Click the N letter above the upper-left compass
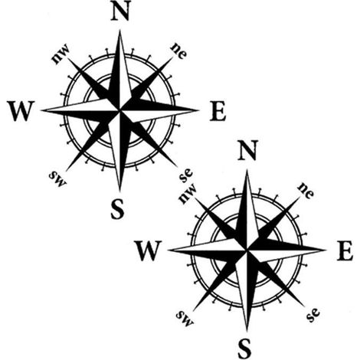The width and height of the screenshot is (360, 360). tap(120, 12)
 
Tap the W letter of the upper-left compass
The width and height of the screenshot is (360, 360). tap(21, 111)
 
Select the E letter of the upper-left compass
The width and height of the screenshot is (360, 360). tap(218, 111)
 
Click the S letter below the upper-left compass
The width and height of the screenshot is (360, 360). tap(117, 209)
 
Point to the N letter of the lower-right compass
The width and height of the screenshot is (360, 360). tap(247, 151)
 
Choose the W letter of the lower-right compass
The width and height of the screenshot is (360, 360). tap(149, 250)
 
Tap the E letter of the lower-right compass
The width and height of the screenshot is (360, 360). tap(345, 251)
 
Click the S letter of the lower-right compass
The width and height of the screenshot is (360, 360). tap(244, 349)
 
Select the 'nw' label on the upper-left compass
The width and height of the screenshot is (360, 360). tap(61, 54)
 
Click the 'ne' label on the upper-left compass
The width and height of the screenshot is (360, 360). tap(179, 51)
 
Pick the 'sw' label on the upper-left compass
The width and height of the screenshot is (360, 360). tap(57, 178)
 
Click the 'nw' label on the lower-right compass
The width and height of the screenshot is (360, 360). tap(188, 193)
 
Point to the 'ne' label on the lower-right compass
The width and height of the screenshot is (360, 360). tap(306, 190)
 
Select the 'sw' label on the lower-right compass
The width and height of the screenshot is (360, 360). tap(185, 318)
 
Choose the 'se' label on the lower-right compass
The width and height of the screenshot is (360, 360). tap(313, 315)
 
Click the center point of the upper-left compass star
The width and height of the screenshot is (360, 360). tap(119, 110)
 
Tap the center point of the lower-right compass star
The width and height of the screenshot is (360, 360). tap(247, 250)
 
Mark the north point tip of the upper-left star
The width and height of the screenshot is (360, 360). tap(119, 30)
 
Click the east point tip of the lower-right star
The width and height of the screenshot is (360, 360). tap(326, 250)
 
